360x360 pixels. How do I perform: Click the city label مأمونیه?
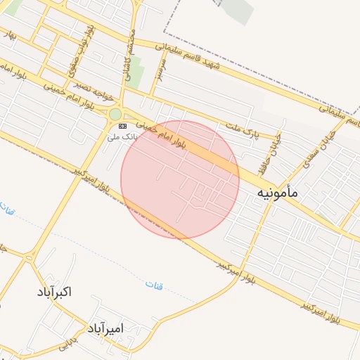277,191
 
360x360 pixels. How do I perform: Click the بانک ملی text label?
122,136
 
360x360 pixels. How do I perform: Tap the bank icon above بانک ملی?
123,125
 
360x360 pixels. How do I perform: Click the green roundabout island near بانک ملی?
115,114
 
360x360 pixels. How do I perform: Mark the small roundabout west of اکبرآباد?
28,257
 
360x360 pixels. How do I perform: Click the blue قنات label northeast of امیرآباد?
153,284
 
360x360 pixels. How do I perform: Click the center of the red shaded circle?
180,179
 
